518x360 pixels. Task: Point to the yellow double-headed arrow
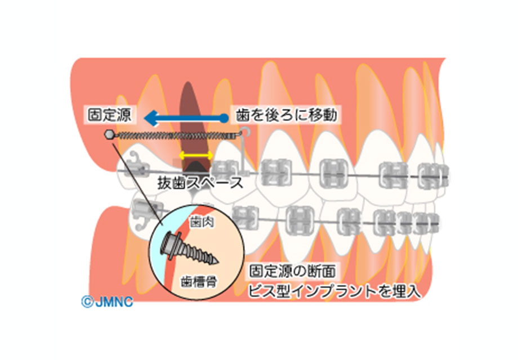click(193, 154)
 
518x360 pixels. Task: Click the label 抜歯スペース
click(200, 183)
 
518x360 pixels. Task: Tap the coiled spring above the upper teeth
click(175, 136)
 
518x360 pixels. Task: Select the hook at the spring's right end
click(244, 133)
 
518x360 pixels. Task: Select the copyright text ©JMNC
click(106, 302)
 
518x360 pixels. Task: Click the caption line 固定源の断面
click(293, 272)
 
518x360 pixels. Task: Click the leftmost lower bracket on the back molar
click(142, 213)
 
